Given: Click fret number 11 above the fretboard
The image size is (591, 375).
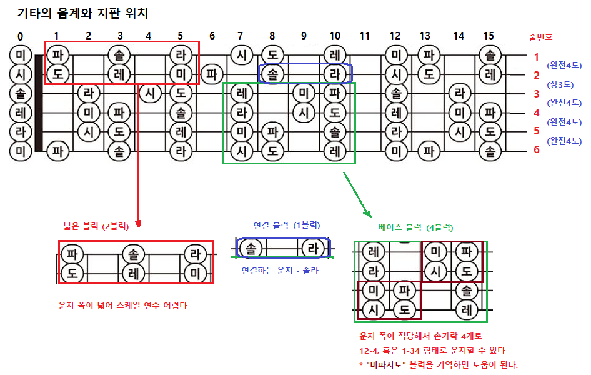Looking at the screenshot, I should (x=365, y=36).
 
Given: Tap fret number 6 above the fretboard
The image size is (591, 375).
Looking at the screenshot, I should (x=212, y=36).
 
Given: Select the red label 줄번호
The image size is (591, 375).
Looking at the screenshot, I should (x=540, y=37).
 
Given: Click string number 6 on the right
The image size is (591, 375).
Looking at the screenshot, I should (x=536, y=149).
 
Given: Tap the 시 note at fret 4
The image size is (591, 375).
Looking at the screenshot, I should (x=149, y=93).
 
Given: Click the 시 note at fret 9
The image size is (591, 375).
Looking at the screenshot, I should (x=304, y=112).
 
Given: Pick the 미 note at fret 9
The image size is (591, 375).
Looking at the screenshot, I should (x=304, y=93).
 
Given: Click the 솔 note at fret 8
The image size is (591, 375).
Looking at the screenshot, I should (x=272, y=74).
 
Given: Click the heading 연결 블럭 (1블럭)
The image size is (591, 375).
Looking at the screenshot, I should (x=286, y=225).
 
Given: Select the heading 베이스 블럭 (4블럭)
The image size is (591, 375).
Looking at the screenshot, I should (x=415, y=227).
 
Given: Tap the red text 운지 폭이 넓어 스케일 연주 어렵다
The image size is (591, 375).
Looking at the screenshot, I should (x=122, y=306).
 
